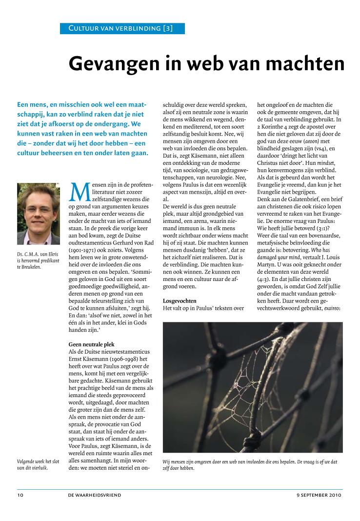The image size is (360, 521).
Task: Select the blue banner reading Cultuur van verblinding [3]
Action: tap(116, 28)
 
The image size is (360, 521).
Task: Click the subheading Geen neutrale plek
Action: tap(92, 344)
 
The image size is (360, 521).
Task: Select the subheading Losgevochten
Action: tap(180, 301)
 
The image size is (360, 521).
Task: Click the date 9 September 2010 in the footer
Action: tap(319, 495)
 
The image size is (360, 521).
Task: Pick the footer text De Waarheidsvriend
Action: tap(95, 495)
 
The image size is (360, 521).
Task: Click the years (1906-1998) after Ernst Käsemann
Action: tap(131, 360)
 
